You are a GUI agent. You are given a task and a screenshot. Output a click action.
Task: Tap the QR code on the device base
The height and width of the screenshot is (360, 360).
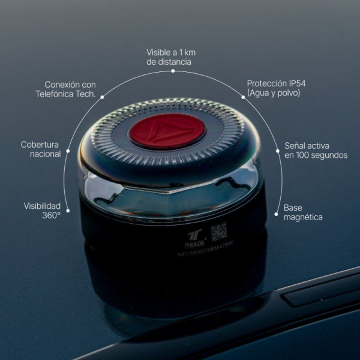pyautogui.click(x=219, y=232)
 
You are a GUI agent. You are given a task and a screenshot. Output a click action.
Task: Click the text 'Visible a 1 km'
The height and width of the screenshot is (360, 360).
pyautogui.click(x=171, y=52)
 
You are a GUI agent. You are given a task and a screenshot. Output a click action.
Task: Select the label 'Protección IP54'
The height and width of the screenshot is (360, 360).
pyautogui.click(x=272, y=83)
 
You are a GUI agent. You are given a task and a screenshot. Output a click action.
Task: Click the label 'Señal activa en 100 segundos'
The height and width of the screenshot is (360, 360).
pyautogui.click(x=316, y=150)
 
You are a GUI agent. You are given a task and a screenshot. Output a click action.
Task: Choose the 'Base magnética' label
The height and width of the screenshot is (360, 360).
pyautogui.click(x=303, y=212)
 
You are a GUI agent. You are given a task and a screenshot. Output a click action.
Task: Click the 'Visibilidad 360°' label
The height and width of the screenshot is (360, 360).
pyautogui.click(x=42, y=210)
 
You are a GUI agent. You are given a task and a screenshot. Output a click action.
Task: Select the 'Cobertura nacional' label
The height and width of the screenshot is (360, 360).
pyautogui.click(x=41, y=149)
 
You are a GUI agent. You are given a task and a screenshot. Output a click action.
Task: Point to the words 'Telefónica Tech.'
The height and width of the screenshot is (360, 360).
pyautogui.click(x=66, y=94)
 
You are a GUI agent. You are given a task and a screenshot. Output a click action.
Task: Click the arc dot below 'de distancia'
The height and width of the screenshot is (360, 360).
pyautogui.click(x=173, y=71)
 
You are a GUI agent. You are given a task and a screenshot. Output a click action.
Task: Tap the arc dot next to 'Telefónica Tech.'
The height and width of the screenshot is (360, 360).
pyautogui.click(x=102, y=96)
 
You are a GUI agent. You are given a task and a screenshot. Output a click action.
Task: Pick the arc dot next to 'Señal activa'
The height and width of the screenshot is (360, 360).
pyautogui.click(x=278, y=151)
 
